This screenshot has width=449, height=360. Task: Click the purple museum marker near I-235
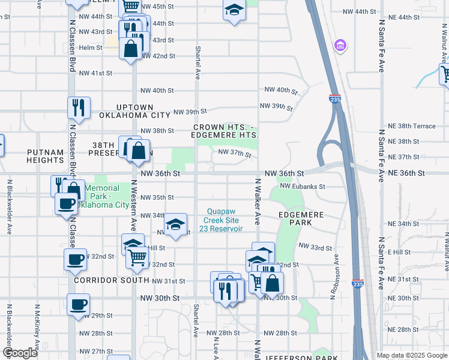click(340, 46)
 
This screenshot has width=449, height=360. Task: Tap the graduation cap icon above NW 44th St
click(234, 10)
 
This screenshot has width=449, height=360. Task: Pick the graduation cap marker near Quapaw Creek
click(175, 224)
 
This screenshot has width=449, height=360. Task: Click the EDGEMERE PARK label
click(301, 218)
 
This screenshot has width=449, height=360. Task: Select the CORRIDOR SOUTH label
click(111, 280)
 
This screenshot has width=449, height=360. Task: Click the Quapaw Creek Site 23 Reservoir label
click(224, 220)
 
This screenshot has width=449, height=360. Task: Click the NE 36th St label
click(407, 173)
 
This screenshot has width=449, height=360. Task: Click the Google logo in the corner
click(20, 353)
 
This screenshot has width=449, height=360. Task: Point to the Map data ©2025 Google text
click(411, 355)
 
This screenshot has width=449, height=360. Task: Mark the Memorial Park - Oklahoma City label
click(106, 196)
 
